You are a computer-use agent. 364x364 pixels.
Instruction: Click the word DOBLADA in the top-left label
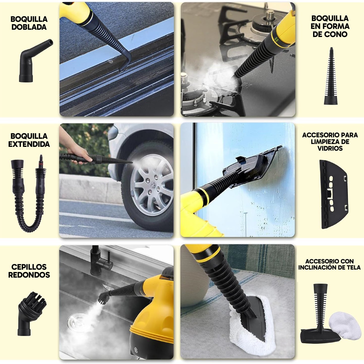coord(29,27)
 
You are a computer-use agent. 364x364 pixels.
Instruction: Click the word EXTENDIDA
coord(29,144)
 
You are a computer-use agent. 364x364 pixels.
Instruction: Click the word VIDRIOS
coord(330,148)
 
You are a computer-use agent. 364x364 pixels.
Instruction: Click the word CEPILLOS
coord(29,267)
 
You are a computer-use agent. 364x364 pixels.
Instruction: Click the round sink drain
coord(77,320)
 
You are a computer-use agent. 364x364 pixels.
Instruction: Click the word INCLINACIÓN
coord(318,268)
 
